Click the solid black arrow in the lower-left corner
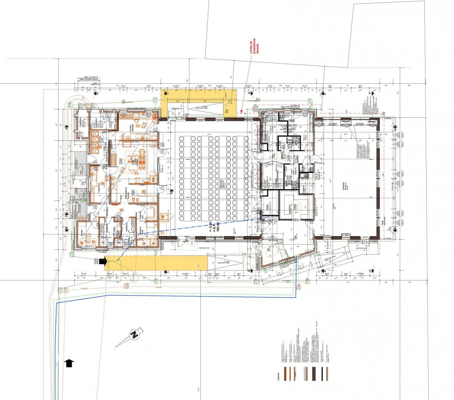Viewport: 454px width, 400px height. tap(69, 363)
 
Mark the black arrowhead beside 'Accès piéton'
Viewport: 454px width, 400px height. tap(103, 262)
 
